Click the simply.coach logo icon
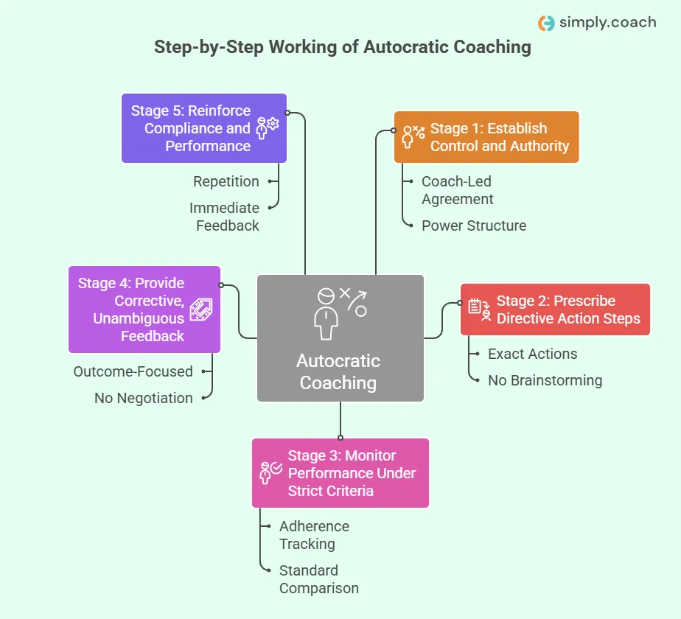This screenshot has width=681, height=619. (546, 23)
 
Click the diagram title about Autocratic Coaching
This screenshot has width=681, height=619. (342, 47)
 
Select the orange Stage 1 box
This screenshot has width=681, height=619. (486, 137)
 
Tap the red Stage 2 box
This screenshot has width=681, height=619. (555, 309)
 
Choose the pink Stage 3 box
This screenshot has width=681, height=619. (340, 473)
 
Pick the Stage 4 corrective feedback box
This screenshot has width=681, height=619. (144, 309)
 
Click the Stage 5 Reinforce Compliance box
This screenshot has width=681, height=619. (203, 128)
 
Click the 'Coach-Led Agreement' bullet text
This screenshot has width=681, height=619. (457, 190)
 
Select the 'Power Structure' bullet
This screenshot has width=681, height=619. (473, 225)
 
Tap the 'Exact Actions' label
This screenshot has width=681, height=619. (532, 354)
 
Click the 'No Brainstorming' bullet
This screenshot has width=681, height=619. (545, 380)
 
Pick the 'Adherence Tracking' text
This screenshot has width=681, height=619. (313, 535)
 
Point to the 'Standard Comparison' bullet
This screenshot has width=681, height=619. (318, 579)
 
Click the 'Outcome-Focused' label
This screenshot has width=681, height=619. (133, 371)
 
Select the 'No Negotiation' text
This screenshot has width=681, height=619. (143, 398)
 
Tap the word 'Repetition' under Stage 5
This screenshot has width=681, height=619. (226, 181)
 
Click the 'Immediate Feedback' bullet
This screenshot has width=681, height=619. (225, 217)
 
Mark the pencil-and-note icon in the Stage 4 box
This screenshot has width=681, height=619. (200, 309)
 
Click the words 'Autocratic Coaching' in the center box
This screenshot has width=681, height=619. (338, 372)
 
